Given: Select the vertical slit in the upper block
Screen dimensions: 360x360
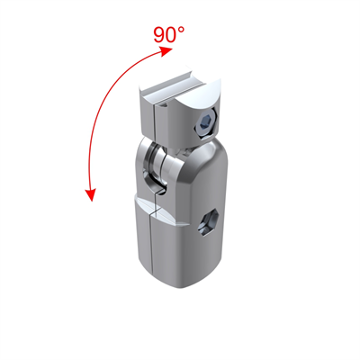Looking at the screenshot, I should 157,121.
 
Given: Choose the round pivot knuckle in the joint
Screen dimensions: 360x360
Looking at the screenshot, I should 162,162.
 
